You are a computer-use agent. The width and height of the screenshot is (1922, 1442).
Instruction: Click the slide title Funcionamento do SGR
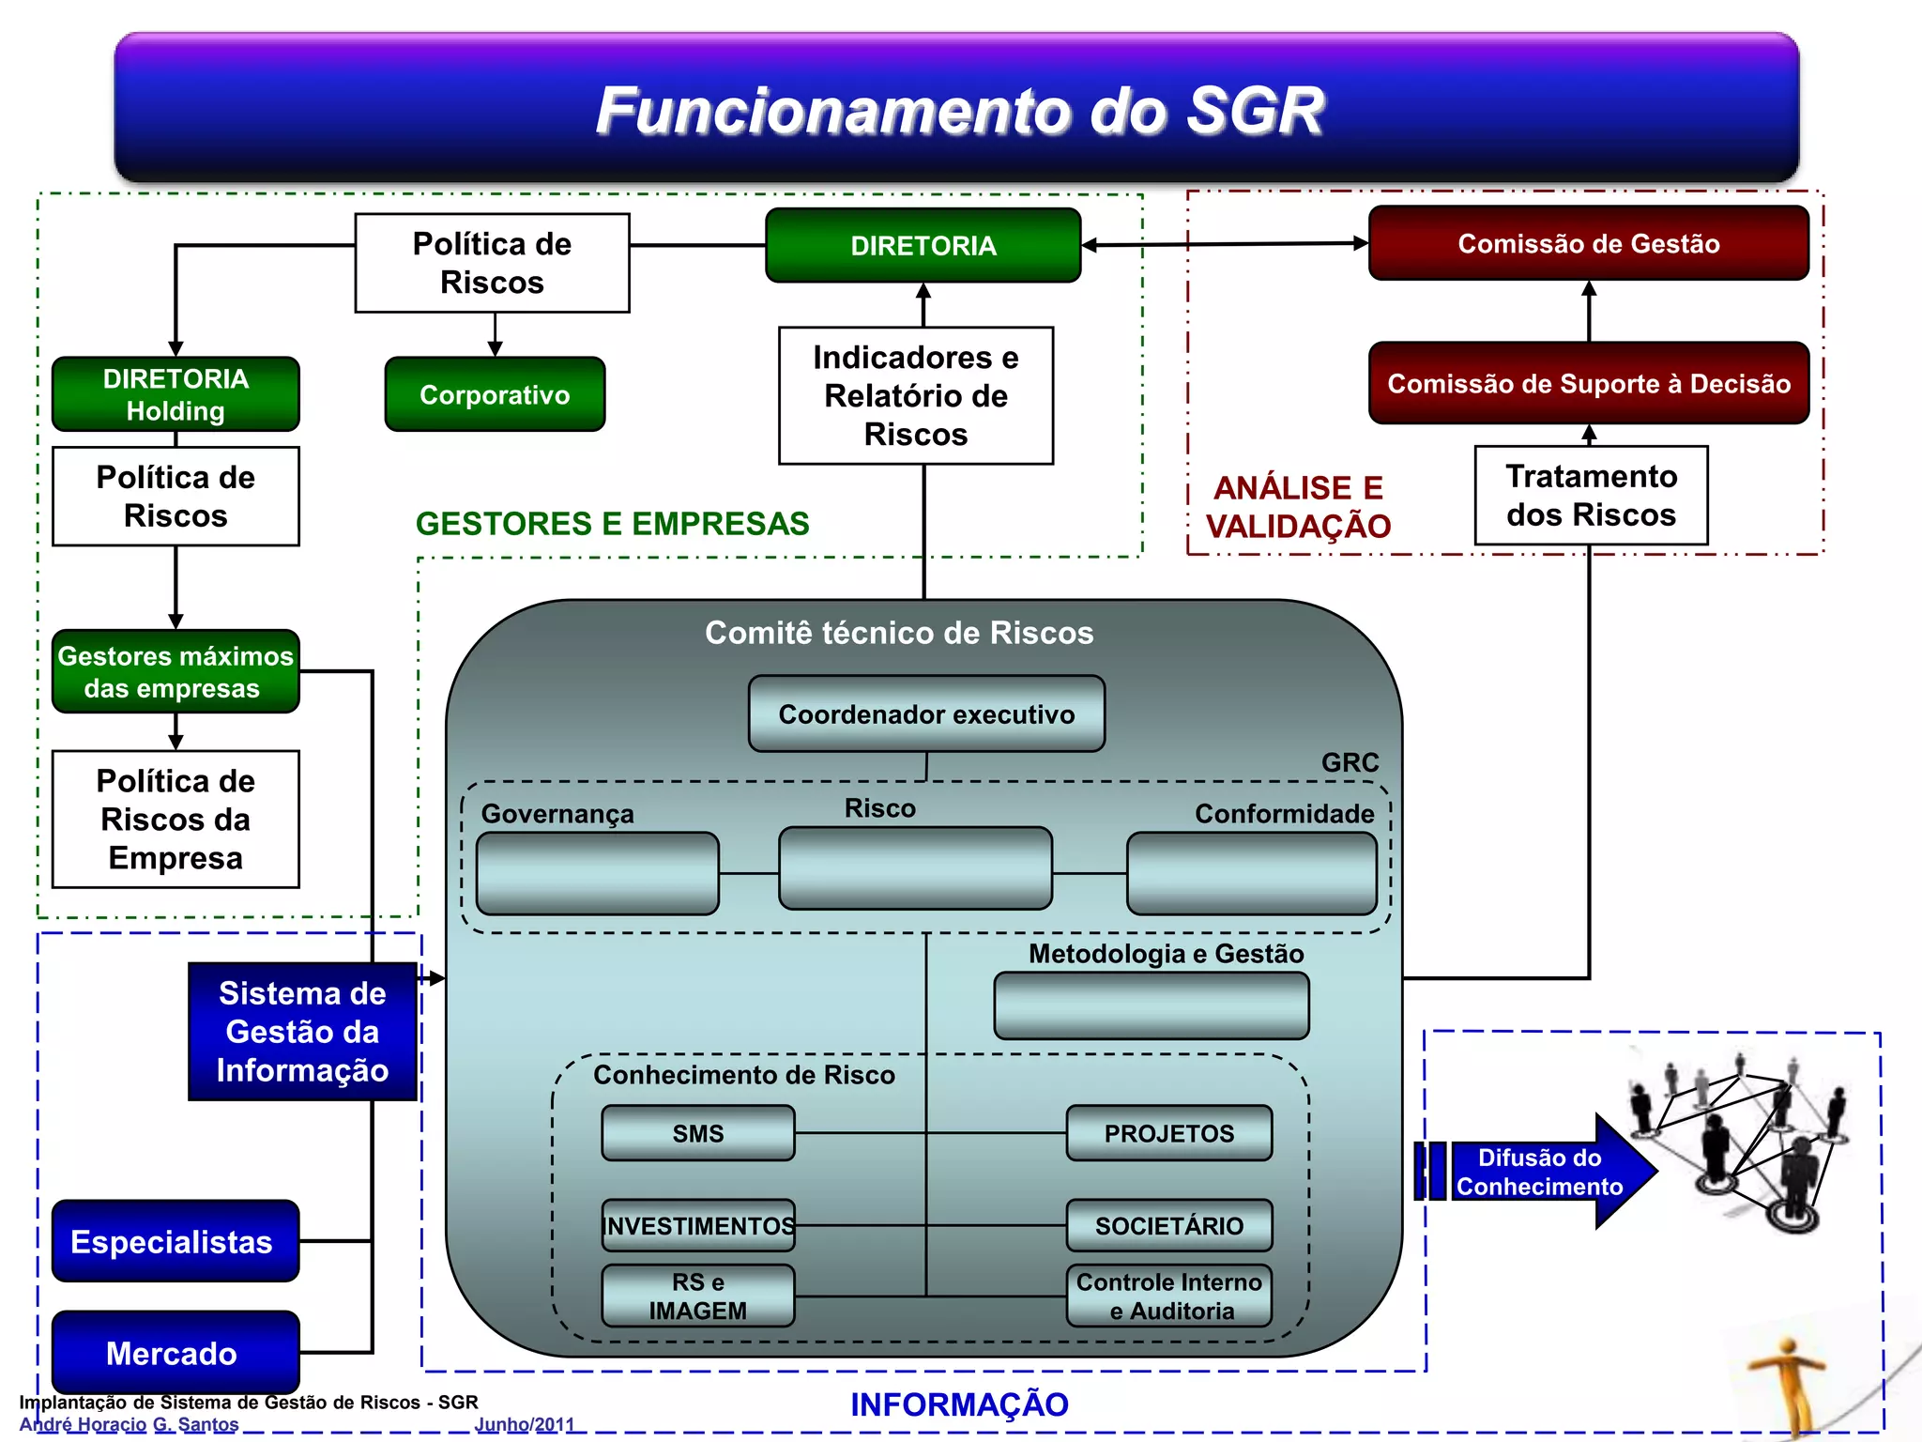(959, 111)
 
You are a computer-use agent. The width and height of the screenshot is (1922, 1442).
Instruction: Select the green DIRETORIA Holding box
(175, 394)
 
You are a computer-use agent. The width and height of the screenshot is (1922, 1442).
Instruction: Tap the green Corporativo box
(495, 394)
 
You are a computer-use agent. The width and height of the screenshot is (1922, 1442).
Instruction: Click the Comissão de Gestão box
(1588, 244)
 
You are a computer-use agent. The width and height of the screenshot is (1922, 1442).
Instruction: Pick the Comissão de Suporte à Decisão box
(1588, 383)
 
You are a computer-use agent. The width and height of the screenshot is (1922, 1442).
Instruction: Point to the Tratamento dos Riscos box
(1591, 496)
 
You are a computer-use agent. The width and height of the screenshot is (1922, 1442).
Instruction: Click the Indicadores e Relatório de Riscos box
(915, 395)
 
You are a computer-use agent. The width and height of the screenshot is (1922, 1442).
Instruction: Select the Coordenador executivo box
(926, 714)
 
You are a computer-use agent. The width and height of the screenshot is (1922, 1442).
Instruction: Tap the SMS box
(698, 1133)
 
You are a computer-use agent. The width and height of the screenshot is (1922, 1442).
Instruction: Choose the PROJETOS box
(1168, 1133)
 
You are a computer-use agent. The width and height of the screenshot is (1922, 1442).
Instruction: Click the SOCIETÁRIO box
(1168, 1225)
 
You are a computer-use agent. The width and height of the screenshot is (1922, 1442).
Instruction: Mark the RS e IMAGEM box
(698, 1296)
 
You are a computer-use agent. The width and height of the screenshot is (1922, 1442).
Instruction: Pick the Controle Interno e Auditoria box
(1168, 1296)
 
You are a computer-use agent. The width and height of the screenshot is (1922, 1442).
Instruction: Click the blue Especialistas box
(175, 1241)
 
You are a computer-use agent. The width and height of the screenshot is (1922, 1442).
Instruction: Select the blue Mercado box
(175, 1353)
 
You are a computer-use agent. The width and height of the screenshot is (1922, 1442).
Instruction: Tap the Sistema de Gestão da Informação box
(302, 1031)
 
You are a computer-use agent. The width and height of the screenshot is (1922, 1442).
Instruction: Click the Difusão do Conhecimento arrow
(1539, 1172)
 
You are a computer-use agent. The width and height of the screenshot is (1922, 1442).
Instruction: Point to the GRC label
(1350, 762)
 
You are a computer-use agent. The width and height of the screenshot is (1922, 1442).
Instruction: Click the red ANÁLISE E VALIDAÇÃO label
(1298, 507)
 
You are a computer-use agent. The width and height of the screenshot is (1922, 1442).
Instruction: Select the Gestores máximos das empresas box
(175, 672)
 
